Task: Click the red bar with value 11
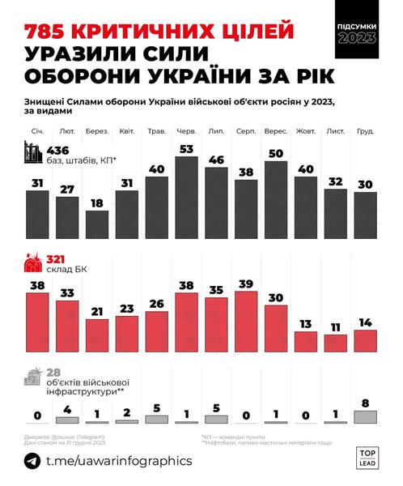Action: point(336,342)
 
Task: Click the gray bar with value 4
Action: point(67,420)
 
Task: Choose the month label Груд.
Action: point(365,131)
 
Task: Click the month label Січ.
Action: point(37,131)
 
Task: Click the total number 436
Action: point(61,151)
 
